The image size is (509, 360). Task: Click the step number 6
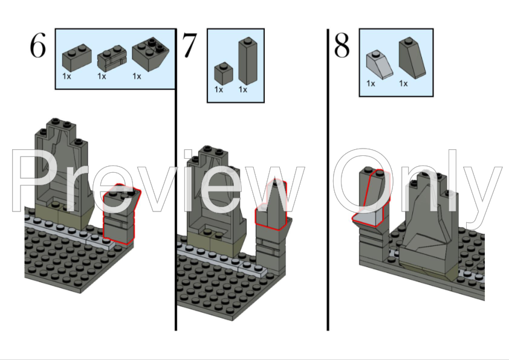[x=37, y=46]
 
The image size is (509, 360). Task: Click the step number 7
[x=189, y=45]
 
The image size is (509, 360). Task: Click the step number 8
[x=342, y=46]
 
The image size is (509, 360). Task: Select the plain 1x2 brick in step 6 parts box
[x=77, y=59]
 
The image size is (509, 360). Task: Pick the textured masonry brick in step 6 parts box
[x=112, y=59]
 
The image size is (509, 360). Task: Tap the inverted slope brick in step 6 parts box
[x=151, y=55]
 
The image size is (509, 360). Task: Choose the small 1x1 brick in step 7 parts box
[x=224, y=72]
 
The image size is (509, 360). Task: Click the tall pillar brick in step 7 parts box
[x=248, y=61]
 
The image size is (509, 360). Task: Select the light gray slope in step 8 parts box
[x=380, y=65]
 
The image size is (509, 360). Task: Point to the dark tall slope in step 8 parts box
[x=412, y=58]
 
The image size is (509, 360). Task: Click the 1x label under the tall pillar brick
[x=243, y=89]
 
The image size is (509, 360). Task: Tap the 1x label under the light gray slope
[x=371, y=84]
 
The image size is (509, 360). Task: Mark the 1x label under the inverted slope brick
[x=137, y=76]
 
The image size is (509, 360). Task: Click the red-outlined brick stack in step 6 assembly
[x=121, y=214]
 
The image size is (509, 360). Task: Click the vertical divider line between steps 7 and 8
[x=328, y=179]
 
